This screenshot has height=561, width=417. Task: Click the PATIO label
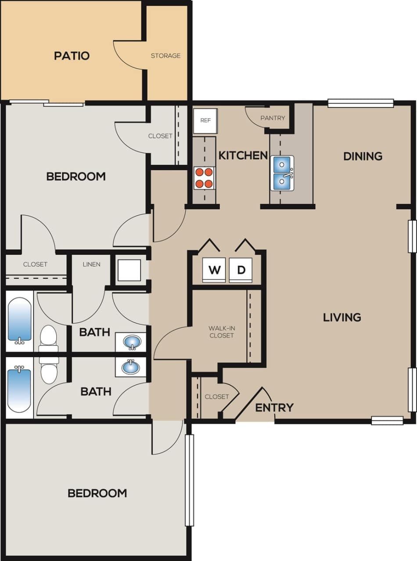tap(72, 56)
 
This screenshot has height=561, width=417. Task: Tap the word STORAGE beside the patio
tap(165, 56)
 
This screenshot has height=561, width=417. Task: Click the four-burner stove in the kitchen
tap(205, 178)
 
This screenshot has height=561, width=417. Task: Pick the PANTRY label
tap(273, 118)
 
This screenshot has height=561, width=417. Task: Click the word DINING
tap(363, 156)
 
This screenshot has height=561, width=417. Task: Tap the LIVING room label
tap(342, 317)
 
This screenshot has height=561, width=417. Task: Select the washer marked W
tap(214, 270)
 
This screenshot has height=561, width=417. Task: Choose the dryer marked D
tap(241, 270)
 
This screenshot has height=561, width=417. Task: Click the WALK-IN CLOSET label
tap(221, 332)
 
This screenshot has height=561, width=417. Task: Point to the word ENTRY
tap(274, 408)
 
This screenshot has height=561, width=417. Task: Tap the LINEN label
tap(91, 264)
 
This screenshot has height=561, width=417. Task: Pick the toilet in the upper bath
tap(48, 339)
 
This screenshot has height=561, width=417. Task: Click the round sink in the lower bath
tap(130, 366)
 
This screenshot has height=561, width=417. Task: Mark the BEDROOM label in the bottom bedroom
tap(97, 493)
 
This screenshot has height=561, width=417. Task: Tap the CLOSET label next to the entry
tap(217, 397)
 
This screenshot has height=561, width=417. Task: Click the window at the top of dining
tap(360, 103)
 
